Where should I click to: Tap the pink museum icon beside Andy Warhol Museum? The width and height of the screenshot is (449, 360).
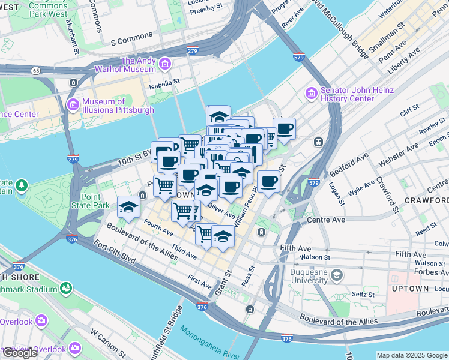click(x=164, y=62)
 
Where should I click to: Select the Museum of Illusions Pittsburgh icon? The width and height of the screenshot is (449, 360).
click(x=73, y=106)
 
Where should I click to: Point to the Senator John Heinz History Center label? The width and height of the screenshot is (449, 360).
click(x=357, y=94)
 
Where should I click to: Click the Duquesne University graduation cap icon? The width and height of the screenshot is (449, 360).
click(x=337, y=275)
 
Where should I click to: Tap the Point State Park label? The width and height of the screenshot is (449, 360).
click(x=91, y=201)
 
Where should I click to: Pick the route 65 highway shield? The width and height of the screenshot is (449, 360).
click(x=37, y=70)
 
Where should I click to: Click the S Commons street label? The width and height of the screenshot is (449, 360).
click(x=132, y=41)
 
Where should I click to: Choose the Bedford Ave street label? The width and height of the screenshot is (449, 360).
click(x=349, y=164)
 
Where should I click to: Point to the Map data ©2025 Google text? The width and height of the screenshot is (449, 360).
click(x=412, y=355)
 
